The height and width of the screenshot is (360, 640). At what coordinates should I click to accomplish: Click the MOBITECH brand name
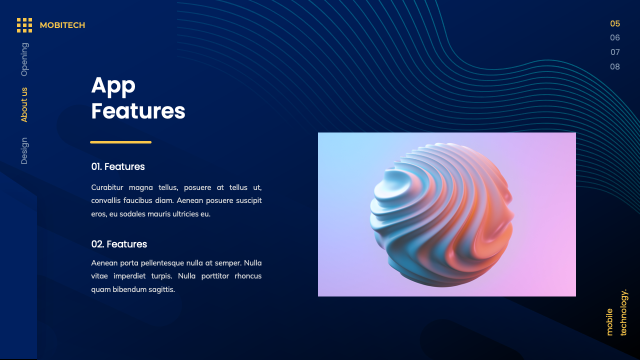(62, 25)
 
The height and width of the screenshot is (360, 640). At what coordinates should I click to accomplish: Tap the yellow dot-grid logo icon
(24, 25)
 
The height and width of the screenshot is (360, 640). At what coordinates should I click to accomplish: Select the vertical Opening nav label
(24, 59)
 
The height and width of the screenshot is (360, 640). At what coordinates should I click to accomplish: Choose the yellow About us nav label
(24, 105)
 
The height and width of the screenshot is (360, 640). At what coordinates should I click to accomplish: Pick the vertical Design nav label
(24, 151)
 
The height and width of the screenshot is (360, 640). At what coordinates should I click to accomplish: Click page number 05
(615, 23)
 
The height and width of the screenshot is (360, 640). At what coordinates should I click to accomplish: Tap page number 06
(615, 37)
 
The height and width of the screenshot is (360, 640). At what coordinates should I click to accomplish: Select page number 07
(615, 52)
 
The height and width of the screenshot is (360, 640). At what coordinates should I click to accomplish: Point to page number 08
(615, 66)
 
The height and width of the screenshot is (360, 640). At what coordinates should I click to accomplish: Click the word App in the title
(113, 85)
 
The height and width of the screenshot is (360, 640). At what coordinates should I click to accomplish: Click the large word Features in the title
(138, 111)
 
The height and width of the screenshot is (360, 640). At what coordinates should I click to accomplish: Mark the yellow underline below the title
(120, 142)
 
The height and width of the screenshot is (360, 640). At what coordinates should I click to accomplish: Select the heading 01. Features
(118, 166)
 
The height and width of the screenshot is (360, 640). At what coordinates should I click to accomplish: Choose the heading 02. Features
(119, 244)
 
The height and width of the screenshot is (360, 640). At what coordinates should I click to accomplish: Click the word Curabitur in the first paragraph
(107, 187)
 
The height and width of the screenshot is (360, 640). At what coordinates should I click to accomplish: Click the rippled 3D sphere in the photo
(441, 215)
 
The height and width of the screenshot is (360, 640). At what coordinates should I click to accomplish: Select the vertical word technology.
(623, 312)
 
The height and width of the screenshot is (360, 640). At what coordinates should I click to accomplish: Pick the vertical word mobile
(609, 322)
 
